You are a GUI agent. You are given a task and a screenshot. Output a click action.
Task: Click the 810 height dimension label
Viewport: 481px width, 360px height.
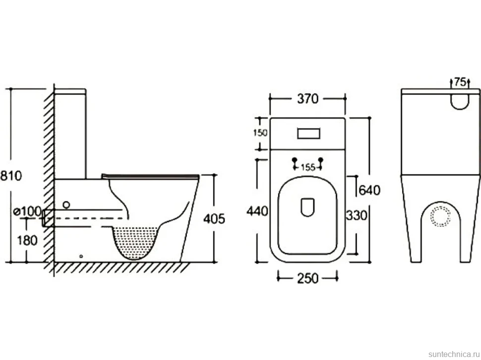[11, 176]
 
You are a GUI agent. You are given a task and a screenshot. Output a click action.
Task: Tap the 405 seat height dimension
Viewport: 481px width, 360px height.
[214, 218]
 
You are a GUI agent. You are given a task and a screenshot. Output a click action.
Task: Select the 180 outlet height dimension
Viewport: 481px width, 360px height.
[27, 240]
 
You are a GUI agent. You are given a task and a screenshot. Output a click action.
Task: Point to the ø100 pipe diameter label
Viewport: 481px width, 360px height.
[28, 211]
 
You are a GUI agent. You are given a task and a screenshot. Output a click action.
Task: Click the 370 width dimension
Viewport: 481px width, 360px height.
[308, 99]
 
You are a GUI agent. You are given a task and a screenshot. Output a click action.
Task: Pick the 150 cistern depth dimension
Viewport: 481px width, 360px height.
[260, 133]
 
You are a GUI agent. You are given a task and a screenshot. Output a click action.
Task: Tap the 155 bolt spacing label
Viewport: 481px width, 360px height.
[308, 168]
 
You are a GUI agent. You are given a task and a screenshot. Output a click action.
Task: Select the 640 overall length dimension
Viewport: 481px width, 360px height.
[369, 190]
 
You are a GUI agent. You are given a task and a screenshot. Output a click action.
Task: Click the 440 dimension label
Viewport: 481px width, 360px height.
[257, 211]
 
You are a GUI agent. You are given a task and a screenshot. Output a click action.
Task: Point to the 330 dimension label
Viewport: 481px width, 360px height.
[357, 215]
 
